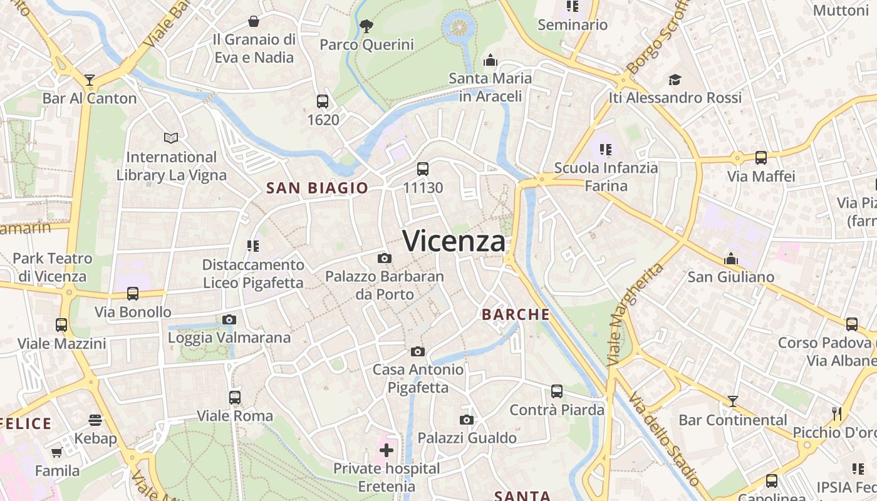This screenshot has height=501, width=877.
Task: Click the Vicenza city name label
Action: point(454,241)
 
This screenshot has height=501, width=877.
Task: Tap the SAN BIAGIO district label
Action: point(317,188)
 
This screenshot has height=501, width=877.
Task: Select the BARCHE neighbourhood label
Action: point(516,314)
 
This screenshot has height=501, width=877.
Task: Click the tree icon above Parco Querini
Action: point(366,26)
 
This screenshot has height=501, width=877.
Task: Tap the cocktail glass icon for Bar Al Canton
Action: point(90,80)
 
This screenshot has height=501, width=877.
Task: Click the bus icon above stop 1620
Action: point(323,101)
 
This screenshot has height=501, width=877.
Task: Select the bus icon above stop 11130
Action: point(423,168)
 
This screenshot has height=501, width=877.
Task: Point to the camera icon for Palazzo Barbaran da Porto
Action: point(385,258)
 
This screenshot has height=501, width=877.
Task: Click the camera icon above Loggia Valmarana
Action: point(229,319)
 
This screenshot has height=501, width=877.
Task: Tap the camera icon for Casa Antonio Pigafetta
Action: point(418,351)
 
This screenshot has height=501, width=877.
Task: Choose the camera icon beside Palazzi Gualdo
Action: point(466,420)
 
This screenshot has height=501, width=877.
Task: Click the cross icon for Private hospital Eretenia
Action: point(387,450)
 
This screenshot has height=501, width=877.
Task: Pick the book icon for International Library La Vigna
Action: point(171,138)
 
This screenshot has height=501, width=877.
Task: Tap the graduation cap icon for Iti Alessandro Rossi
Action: point(675,80)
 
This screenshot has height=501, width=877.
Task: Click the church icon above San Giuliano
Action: point(730,259)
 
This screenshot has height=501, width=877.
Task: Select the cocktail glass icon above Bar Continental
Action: point(732,401)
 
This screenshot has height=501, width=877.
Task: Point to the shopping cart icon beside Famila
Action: point(57,452)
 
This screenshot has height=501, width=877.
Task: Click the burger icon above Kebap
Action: point(95,420)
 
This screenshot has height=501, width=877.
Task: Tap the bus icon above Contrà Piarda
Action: point(556,391)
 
